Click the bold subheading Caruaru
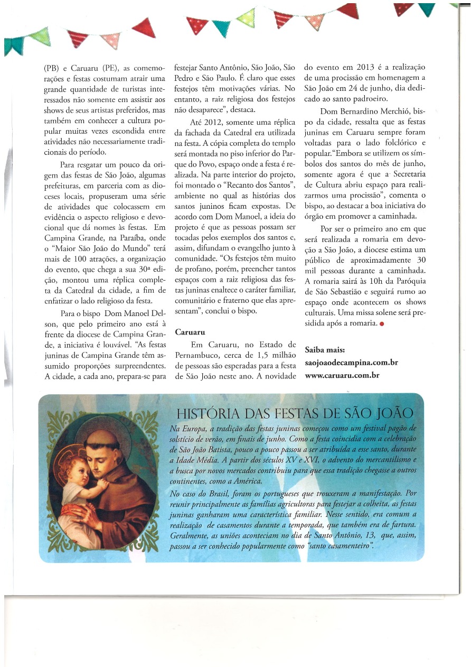tap(190, 332)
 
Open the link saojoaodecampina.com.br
tap(351, 363)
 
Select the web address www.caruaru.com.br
tap(342, 375)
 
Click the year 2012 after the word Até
tap(205, 123)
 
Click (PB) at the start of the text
tap(53, 68)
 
